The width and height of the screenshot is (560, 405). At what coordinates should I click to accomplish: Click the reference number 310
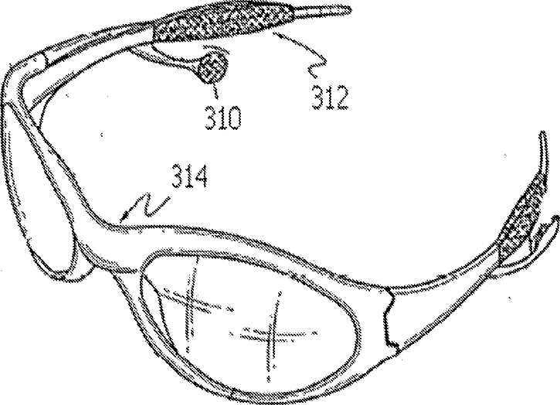[221, 117]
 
